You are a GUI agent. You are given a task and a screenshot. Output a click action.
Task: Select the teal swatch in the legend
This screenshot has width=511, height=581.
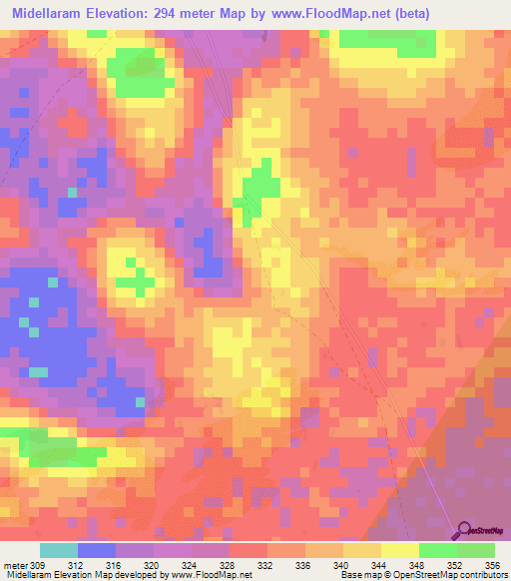click(x=59, y=550)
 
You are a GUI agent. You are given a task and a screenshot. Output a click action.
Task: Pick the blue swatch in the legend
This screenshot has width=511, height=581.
click(x=97, y=550)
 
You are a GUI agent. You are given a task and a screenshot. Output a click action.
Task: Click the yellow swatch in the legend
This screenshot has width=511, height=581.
click(x=400, y=550)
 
